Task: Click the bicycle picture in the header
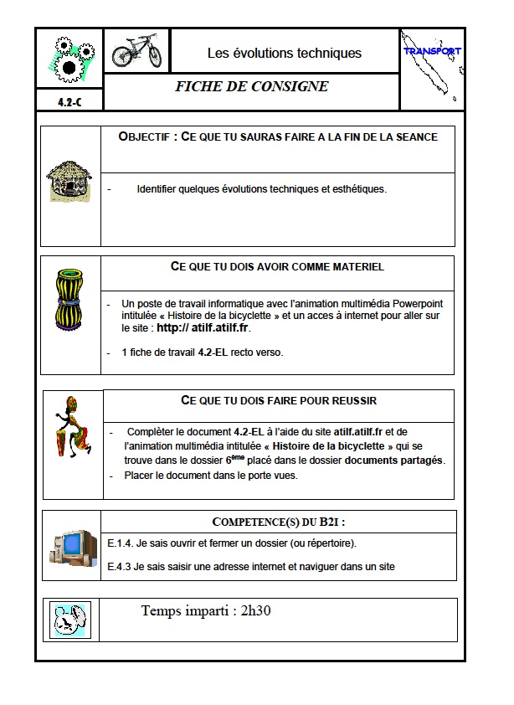pyautogui.click(x=136, y=51)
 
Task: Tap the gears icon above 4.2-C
pyautogui.click(x=69, y=58)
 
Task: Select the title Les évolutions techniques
pyautogui.click(x=285, y=54)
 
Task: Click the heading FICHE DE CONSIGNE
pyautogui.click(x=251, y=87)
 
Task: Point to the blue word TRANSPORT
pyautogui.click(x=432, y=51)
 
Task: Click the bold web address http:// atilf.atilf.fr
pyautogui.click(x=204, y=328)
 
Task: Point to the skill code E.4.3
pyautogui.click(x=121, y=567)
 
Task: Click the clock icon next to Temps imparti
pyautogui.click(x=69, y=620)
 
